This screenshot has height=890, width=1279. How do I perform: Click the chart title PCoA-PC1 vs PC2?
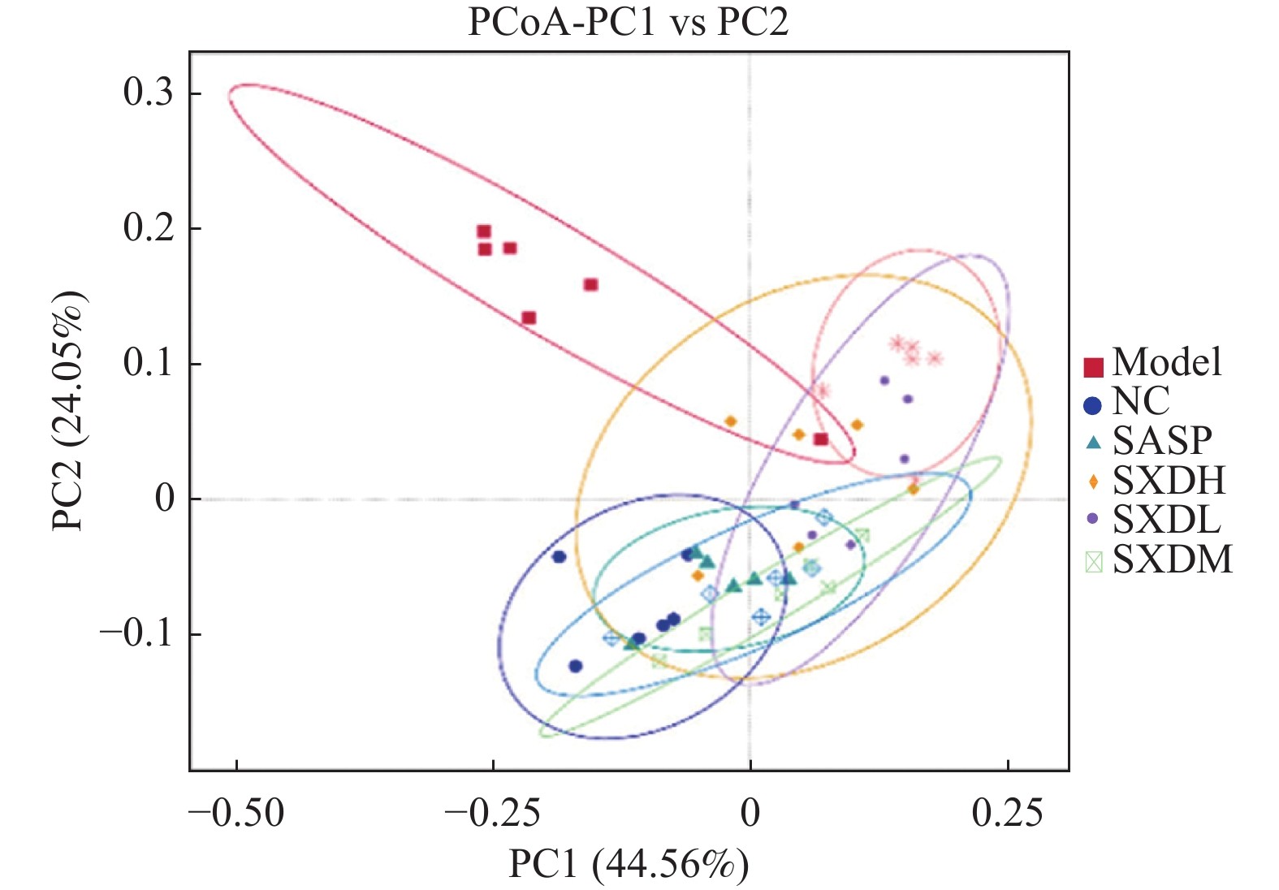pos(628,22)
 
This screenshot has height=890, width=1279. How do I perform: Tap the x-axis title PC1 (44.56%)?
pos(628,864)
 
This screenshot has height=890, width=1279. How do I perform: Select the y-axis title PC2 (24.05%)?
pos(68,411)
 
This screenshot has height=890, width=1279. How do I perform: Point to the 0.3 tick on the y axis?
pos(148,93)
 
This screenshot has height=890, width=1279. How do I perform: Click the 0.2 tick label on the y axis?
pos(148,228)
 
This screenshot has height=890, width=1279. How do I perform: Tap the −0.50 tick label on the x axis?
pos(236,812)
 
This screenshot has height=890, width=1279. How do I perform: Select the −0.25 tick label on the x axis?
pos(492,812)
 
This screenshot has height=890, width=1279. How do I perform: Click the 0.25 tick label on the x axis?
pos(1007,812)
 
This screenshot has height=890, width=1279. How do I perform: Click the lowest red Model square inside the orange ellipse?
pos(821,439)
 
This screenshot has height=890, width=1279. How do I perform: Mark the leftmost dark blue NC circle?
pos(559,556)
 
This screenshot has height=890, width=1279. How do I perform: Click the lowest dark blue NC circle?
pos(576,666)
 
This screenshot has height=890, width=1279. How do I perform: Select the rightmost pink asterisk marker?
pos(935,358)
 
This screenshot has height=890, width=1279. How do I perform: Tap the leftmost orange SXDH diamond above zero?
pos(730,421)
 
